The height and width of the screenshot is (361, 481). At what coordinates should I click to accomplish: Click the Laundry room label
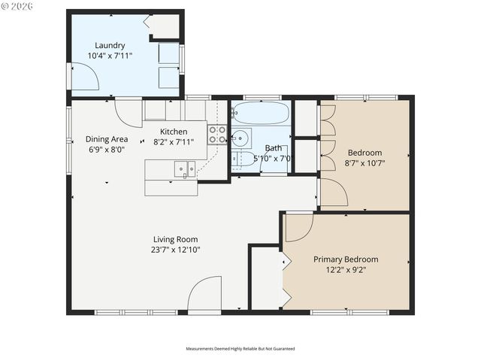(110, 45)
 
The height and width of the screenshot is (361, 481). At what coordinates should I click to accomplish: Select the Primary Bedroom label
(345, 259)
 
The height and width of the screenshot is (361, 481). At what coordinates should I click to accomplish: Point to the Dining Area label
(106, 139)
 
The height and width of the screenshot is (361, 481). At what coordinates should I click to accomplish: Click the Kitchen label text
(174, 132)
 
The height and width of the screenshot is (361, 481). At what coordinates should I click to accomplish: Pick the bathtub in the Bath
(260, 114)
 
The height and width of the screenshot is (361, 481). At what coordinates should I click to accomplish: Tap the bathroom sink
(240, 138)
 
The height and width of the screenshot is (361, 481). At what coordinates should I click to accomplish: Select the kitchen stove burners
(217, 134)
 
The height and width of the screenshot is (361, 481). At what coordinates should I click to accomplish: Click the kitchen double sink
(184, 169)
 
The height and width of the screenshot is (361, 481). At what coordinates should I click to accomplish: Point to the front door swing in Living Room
(204, 294)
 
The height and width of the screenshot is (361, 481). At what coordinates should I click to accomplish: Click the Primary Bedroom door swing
(298, 226)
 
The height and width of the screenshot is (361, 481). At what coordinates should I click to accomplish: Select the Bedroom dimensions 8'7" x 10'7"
(364, 162)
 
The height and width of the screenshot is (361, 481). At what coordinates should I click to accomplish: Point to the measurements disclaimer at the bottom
(240, 349)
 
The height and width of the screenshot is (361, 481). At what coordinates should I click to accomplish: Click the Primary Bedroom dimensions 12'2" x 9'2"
(345, 269)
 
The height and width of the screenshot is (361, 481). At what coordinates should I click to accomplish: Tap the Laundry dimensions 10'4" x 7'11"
(110, 56)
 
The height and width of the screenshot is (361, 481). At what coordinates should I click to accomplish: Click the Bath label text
(273, 148)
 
